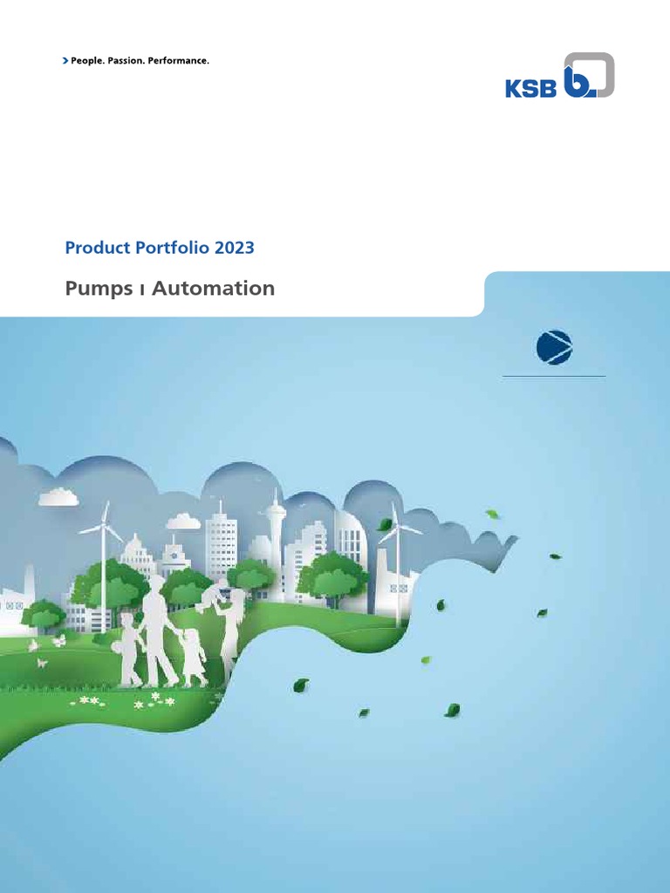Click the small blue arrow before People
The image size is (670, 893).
(x=65, y=61)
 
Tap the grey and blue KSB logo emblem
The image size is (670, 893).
(x=588, y=76)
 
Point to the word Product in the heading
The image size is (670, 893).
(x=94, y=248)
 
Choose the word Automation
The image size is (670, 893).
(x=214, y=288)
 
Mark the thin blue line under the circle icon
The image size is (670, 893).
(x=555, y=376)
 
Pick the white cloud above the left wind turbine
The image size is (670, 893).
(x=59, y=497)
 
